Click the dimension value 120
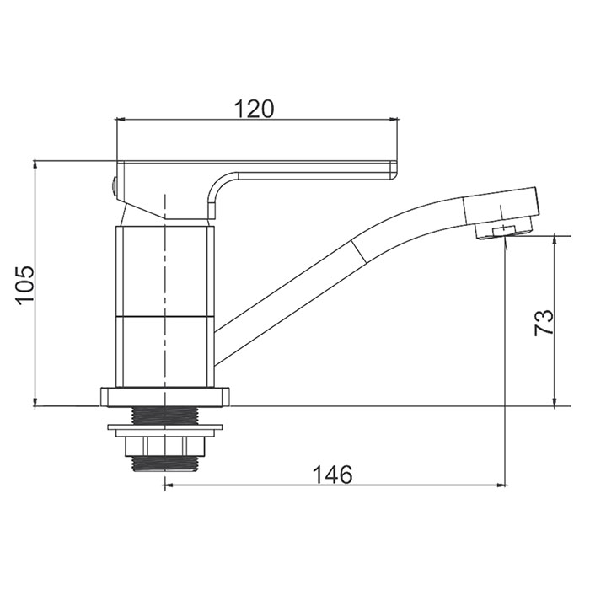[x=255, y=109]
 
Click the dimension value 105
[x=25, y=284]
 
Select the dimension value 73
[x=544, y=322]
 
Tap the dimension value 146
[x=333, y=475]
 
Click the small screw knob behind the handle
[x=113, y=186]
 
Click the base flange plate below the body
[x=164, y=397]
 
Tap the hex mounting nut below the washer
[x=165, y=447]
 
